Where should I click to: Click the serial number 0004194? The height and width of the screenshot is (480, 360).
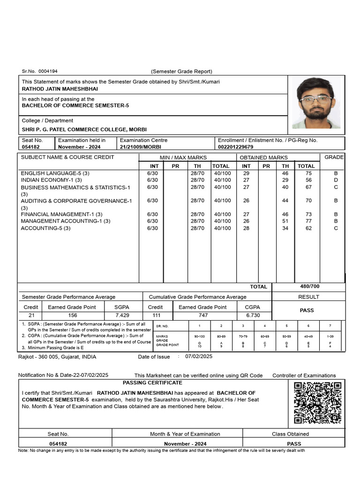(x=48, y=71)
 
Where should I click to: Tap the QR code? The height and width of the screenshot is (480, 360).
(x=317, y=403)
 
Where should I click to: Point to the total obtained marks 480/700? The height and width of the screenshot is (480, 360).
(x=309, y=286)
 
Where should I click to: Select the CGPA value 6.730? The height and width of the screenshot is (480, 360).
(x=253, y=315)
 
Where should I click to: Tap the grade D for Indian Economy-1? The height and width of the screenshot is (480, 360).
(x=336, y=180)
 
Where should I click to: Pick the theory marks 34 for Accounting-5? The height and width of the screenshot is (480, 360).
(x=285, y=228)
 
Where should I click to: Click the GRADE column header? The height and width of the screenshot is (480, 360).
(x=334, y=157)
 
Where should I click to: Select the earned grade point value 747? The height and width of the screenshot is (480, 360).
(x=203, y=315)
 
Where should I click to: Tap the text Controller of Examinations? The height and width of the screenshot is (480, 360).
(x=304, y=375)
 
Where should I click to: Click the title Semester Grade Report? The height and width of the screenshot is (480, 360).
(x=181, y=71)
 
